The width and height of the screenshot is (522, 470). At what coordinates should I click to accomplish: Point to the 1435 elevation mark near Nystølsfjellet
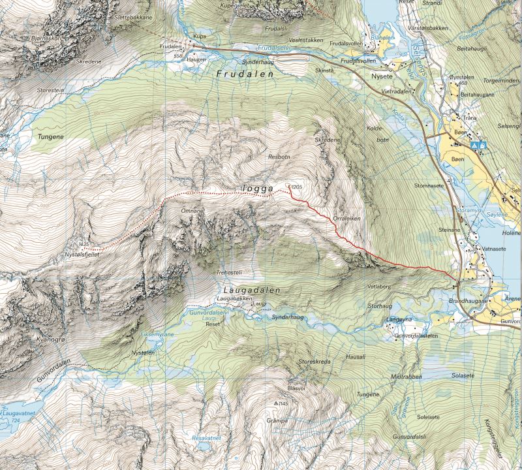coord(83,245)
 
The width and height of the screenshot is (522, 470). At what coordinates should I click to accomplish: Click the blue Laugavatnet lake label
coord(20,413)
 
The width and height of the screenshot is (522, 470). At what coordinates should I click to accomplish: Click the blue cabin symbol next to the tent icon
coord(482,142)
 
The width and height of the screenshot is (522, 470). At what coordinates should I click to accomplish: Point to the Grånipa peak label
coord(277,421)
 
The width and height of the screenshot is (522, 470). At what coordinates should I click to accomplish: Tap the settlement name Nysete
coord(384,76)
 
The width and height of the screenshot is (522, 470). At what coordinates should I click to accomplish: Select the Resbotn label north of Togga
coord(279,157)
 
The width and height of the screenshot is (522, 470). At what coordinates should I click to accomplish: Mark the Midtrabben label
coord(406,377)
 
